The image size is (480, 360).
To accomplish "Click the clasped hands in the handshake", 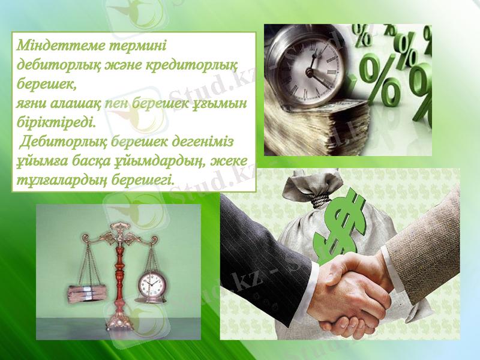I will [348, 294].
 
